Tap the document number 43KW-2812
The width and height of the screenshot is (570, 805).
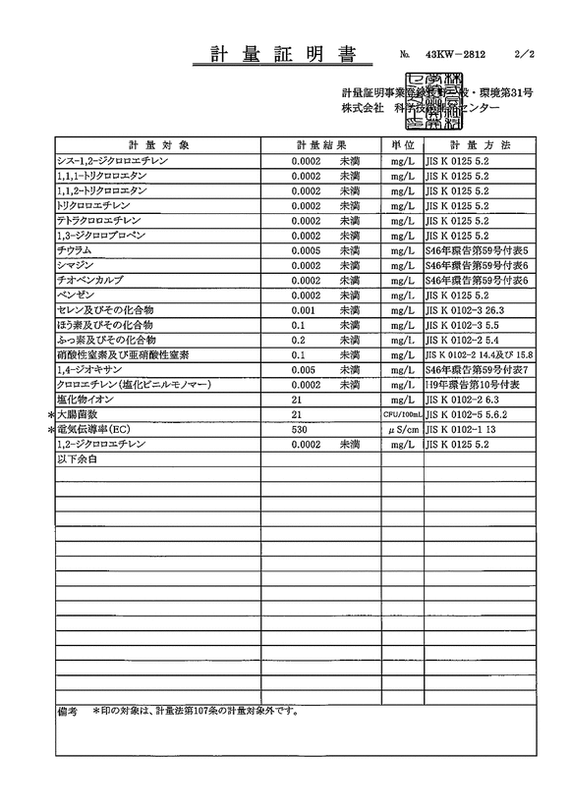(x=455, y=56)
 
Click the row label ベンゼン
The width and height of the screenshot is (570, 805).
(x=79, y=295)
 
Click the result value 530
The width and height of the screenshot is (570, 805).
(x=301, y=430)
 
